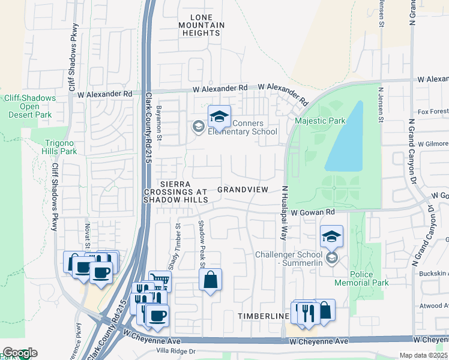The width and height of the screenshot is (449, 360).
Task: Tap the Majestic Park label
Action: coord(320,121)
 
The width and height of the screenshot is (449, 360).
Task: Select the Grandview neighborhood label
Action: coord(243,189)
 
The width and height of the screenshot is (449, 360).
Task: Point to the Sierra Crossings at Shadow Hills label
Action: coord(175,191)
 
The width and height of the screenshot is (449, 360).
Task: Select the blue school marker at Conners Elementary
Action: coord(220,116)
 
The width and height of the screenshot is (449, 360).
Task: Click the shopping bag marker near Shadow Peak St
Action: coord(211,280)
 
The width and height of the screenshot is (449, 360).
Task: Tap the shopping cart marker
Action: coord(160,280)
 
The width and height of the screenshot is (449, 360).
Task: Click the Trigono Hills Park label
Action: coord(62,148)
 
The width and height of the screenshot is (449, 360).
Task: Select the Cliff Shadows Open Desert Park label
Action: coord(29,106)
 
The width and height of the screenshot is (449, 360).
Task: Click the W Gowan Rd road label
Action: coord(312,212)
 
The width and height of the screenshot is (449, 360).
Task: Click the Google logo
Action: coord(19,353)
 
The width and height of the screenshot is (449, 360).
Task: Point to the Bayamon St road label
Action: coord(159,121)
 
